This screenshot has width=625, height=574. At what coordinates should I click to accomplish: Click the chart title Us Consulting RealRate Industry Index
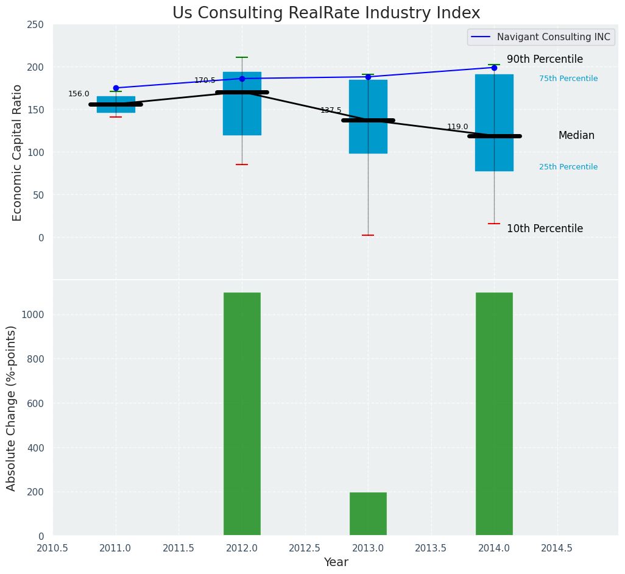pyautogui.click(x=326, y=13)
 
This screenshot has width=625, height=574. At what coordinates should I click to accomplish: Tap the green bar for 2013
pyautogui.click(x=368, y=514)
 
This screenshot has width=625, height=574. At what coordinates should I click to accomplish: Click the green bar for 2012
pyautogui.click(x=242, y=414)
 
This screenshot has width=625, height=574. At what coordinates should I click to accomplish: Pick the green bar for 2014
pyautogui.click(x=494, y=414)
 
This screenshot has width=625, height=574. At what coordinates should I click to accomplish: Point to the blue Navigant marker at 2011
pyautogui.click(x=116, y=88)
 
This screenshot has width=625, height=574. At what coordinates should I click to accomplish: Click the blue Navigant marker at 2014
pyautogui.click(x=494, y=68)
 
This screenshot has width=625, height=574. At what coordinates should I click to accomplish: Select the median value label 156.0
pyautogui.click(x=79, y=94)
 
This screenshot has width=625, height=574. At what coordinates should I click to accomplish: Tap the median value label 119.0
pyautogui.click(x=457, y=127)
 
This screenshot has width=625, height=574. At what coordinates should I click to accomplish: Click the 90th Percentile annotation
pyautogui.click(x=545, y=60)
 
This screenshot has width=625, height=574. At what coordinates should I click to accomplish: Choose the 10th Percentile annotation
pyautogui.click(x=545, y=229)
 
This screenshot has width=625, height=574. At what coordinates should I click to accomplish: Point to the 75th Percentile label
pyautogui.click(x=568, y=79)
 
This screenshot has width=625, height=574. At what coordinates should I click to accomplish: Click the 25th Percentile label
pyautogui.click(x=568, y=167)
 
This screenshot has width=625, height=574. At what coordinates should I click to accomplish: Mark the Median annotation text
pyautogui.click(x=576, y=136)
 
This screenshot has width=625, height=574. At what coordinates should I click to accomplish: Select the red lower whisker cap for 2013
pyautogui.click(x=368, y=235)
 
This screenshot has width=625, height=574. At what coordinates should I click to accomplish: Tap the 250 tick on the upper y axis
pyautogui.click(x=36, y=24)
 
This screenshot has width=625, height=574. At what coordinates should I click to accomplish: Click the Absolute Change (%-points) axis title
pyautogui.click(x=12, y=408)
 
